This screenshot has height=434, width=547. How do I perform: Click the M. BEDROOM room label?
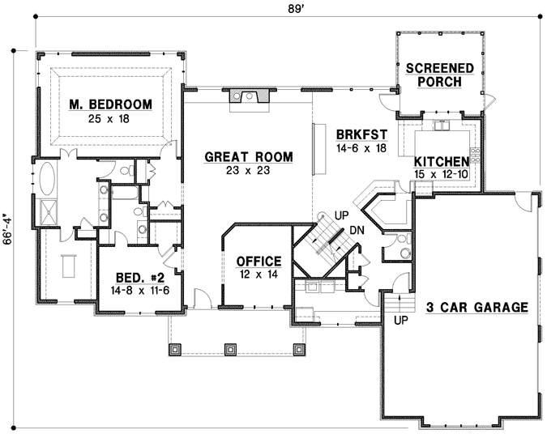111,104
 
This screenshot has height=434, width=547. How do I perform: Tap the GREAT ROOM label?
248,156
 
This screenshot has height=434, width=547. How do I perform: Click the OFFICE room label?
259,262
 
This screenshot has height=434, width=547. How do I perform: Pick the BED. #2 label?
139,276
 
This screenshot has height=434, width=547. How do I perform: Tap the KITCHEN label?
442,161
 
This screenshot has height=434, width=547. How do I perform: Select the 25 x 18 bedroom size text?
111,118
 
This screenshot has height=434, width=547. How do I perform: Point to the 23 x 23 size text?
248,171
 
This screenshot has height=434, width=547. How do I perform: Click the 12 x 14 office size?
259,275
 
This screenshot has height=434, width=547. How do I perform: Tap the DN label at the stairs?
357,231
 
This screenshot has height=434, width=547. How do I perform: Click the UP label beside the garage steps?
400,321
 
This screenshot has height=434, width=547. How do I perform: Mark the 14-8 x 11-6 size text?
139,289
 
